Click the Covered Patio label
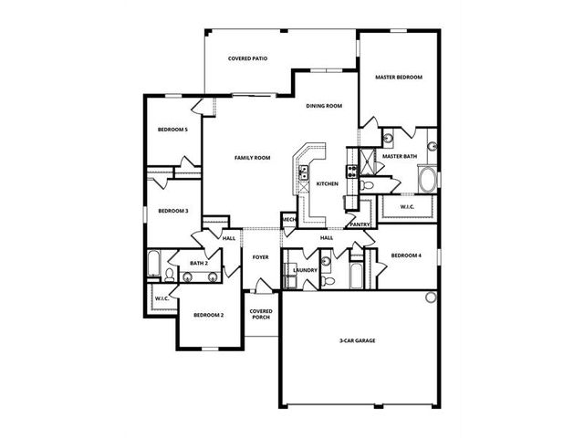pos(247,58)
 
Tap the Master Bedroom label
pos(399,77)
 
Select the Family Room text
pos(252,158)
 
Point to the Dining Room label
pos(324,106)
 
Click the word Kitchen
pos(328,183)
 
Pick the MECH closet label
pos(289,220)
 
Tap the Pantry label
pos(360,224)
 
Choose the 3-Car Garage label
pos(357,340)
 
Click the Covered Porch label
pos(261,314)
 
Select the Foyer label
pos(260,257)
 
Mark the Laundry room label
pos(305,270)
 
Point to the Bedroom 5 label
pos(172,130)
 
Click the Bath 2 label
pos(199,263)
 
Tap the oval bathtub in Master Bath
pos(427,180)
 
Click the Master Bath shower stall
pos(367,162)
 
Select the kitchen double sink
pos(303,172)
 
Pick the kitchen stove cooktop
pos(352,172)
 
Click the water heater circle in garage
pos(431,297)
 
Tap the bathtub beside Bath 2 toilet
pos(153,264)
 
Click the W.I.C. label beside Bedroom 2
pos(162,298)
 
